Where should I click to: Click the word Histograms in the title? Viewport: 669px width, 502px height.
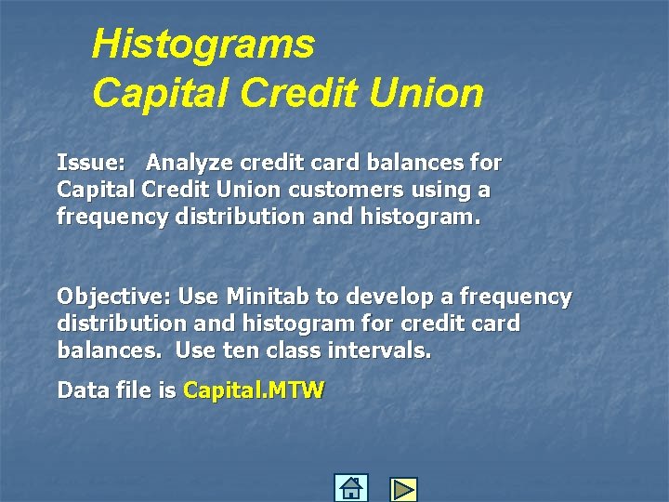(203, 44)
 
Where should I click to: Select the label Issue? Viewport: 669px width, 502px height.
(91, 163)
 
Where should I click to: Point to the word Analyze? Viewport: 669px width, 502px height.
(190, 163)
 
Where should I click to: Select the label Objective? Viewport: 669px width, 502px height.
(113, 297)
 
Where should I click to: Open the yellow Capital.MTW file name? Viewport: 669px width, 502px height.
(254, 390)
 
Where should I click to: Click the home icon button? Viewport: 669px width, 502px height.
(351, 488)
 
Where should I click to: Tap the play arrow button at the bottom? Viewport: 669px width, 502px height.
(403, 489)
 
